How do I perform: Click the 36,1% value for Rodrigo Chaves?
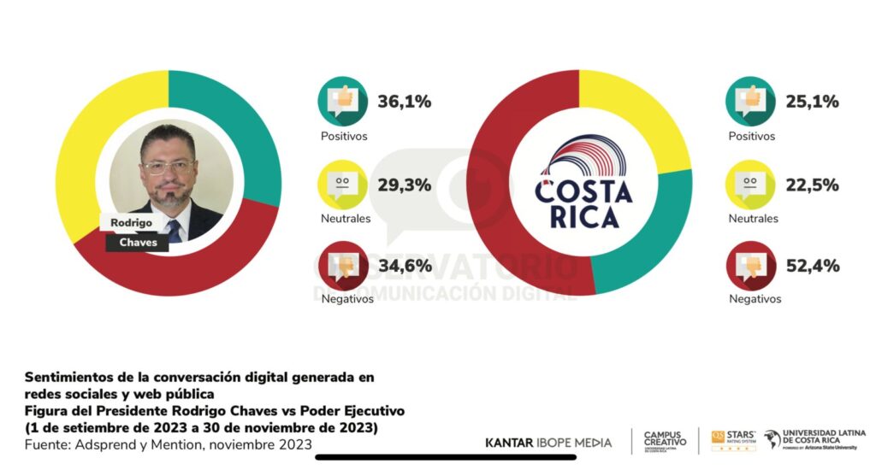click(x=404, y=102)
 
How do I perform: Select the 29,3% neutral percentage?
click(x=404, y=185)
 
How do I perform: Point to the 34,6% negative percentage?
click(x=404, y=266)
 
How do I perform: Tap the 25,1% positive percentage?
click(x=812, y=102)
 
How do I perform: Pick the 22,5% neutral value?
click(x=812, y=185)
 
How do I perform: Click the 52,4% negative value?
click(x=812, y=266)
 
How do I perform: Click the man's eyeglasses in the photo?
click(x=169, y=166)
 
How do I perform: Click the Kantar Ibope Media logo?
click(x=548, y=443)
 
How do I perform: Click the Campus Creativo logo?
click(x=665, y=441)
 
